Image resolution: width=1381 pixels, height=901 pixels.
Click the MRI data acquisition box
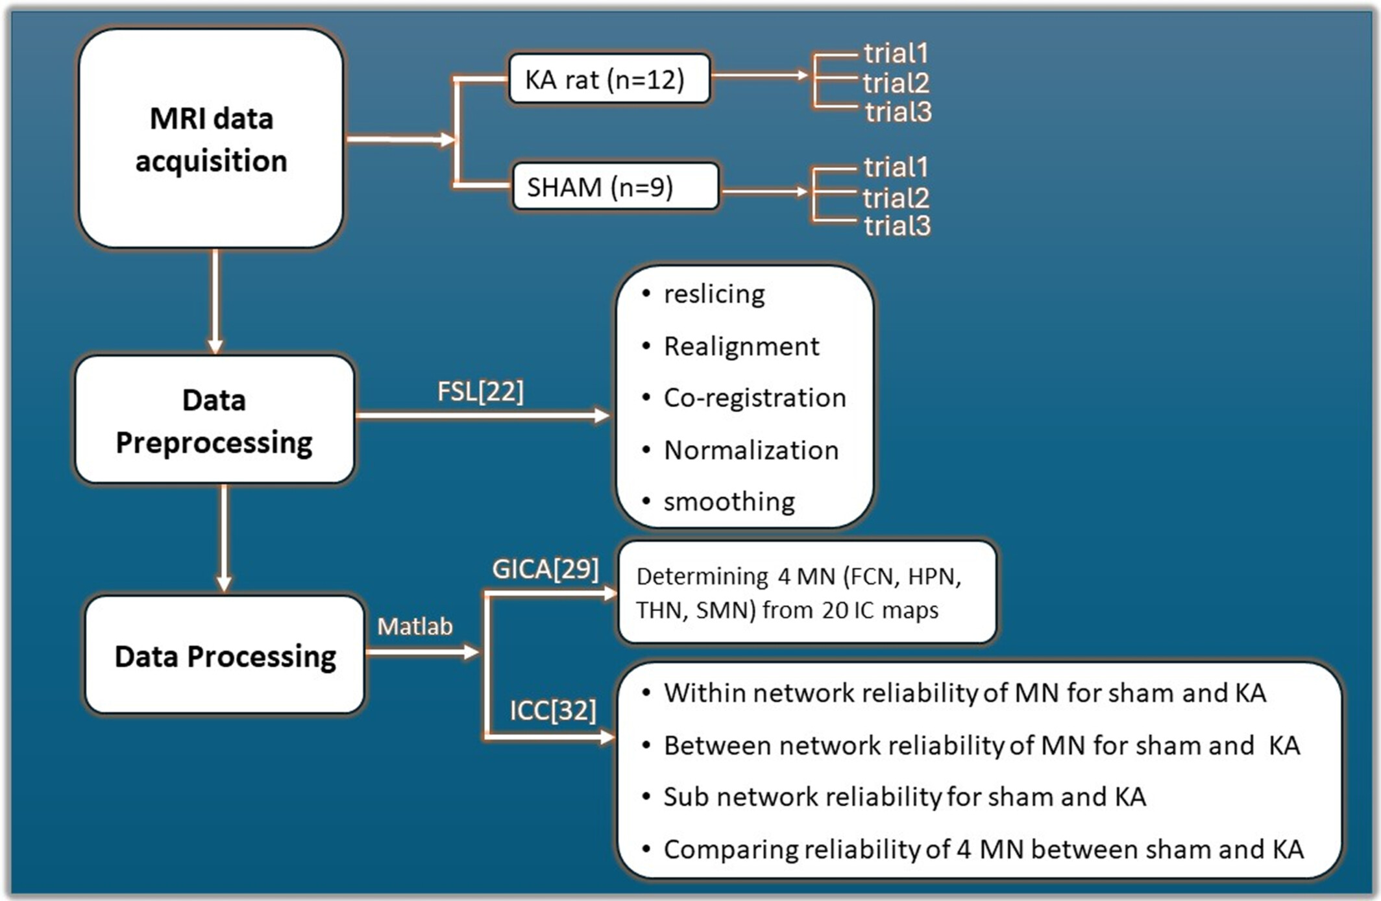(211, 138)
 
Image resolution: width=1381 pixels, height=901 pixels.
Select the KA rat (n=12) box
(609, 79)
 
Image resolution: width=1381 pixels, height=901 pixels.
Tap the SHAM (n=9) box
(615, 187)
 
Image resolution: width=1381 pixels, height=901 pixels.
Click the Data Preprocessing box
(214, 420)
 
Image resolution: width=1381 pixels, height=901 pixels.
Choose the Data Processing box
(225, 655)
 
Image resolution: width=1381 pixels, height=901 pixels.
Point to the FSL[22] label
(480, 392)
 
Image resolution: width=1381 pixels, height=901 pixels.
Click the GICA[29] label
(545, 570)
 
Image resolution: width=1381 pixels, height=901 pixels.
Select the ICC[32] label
(552, 710)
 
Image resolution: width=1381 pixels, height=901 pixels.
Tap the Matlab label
(415, 627)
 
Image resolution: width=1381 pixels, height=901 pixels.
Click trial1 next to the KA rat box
(896, 53)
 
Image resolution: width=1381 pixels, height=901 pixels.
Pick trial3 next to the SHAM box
(897, 226)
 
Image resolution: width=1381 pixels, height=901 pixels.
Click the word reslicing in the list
(714, 294)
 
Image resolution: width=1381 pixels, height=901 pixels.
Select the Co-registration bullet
(755, 398)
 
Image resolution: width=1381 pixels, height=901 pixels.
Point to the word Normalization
(751, 450)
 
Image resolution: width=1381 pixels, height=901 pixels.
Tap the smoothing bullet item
(729, 502)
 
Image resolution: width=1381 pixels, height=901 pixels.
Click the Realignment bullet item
(741, 346)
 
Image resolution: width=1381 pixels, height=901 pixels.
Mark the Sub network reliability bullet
(904, 797)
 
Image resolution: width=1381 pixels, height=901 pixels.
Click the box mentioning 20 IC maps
(807, 592)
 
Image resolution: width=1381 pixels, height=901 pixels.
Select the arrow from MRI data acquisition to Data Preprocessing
(215, 301)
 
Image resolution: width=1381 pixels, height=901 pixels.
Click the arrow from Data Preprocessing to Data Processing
(224, 538)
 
